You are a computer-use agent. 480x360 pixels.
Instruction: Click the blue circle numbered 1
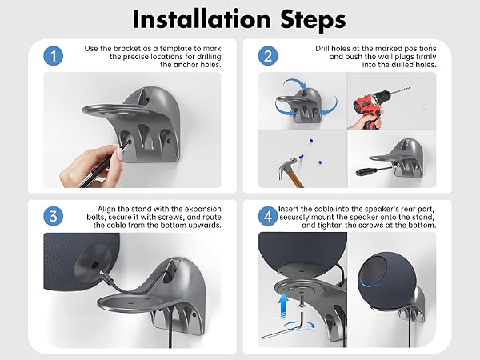coord(54,56)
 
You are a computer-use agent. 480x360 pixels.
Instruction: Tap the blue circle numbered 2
coord(268,56)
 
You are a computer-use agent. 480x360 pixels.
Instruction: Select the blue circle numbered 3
coord(54,216)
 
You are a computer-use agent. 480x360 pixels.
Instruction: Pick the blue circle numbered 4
coord(268,216)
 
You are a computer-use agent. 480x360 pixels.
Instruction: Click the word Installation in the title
coord(202,19)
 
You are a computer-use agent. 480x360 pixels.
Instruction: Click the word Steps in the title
coord(313,19)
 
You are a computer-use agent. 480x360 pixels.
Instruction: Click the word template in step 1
coord(176,49)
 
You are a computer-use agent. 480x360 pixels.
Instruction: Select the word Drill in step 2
coord(322,48)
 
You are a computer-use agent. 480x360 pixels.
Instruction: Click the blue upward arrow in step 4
coord(284,306)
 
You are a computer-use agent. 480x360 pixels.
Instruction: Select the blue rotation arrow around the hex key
coord(299,325)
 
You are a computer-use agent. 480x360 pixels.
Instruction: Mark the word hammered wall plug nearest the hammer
coord(302,158)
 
